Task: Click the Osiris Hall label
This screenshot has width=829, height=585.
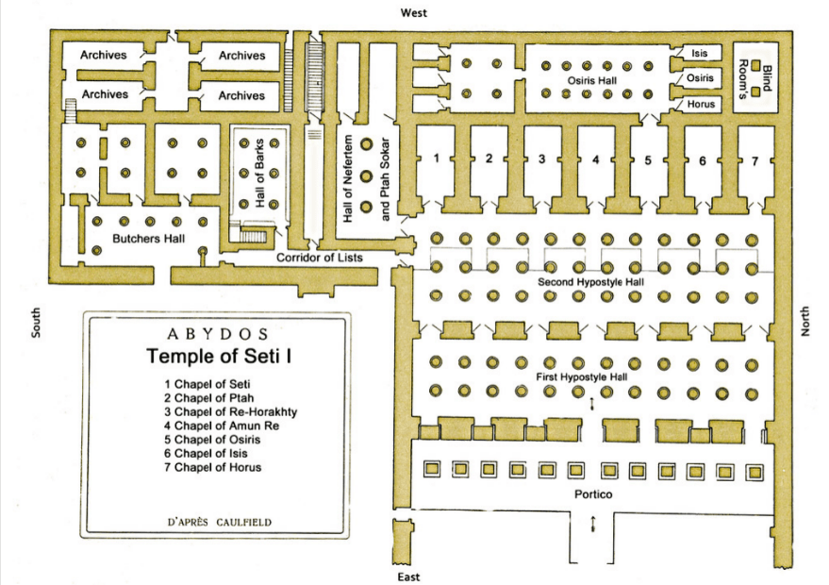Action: pyautogui.click(x=592, y=81)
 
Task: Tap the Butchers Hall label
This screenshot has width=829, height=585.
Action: pyautogui.click(x=149, y=239)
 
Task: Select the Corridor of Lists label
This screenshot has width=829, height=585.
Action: pyautogui.click(x=320, y=258)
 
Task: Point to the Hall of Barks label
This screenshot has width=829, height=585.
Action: pyautogui.click(x=259, y=174)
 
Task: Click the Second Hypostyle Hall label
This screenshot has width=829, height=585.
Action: pyautogui.click(x=590, y=282)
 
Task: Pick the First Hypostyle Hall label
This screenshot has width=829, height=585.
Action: pyautogui.click(x=582, y=377)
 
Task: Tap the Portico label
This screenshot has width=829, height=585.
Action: pyautogui.click(x=593, y=494)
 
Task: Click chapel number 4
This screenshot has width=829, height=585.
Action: pyautogui.click(x=596, y=159)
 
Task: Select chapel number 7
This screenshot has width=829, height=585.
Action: pyautogui.click(x=755, y=161)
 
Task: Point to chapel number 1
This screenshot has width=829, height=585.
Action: pyautogui.click(x=436, y=158)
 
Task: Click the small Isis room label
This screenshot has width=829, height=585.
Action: pyautogui.click(x=700, y=53)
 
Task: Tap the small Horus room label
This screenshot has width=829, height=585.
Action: pyautogui.click(x=701, y=104)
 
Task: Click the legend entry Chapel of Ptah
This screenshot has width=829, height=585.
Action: pyautogui.click(x=208, y=398)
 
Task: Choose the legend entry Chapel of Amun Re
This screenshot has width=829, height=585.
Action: pyautogui.click(x=222, y=426)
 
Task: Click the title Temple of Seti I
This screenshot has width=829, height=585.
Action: pyautogui.click(x=219, y=356)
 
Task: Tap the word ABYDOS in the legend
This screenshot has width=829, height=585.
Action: pyautogui.click(x=217, y=334)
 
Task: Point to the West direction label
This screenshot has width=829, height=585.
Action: pyautogui.click(x=413, y=12)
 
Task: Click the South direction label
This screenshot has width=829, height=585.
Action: pyautogui.click(x=36, y=323)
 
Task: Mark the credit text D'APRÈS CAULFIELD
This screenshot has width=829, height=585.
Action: pyautogui.click(x=220, y=523)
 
